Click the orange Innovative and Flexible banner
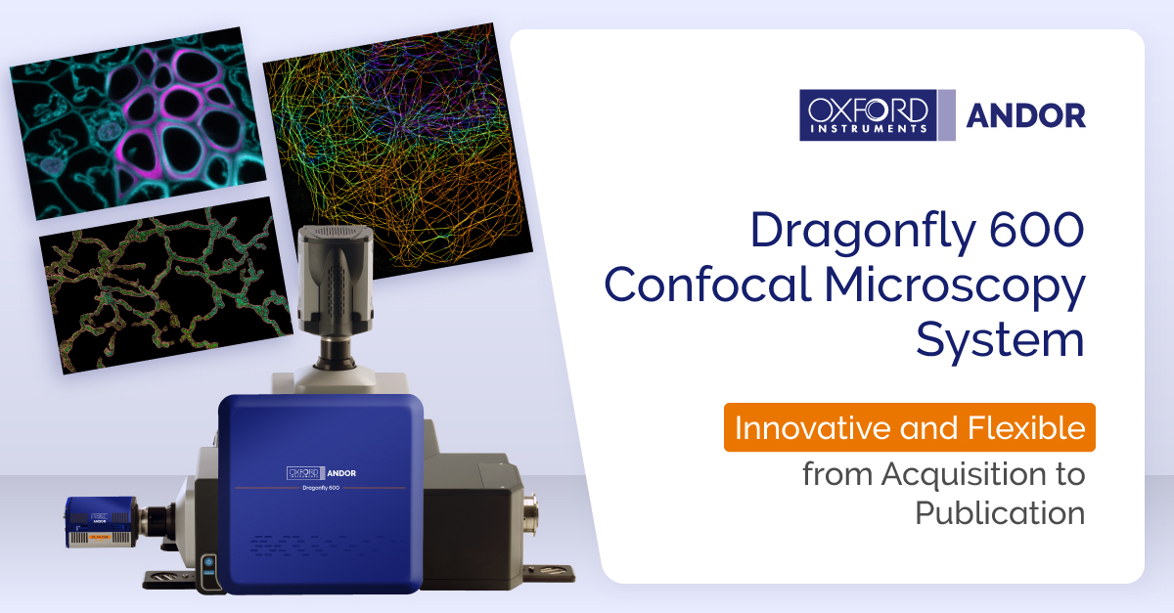coord(909,427)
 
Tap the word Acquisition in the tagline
coord(982,474)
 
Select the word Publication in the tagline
coord(1000,512)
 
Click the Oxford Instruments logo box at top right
coord(865,114)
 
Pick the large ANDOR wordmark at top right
coord(1025,115)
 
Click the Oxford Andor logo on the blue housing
coord(321,472)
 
